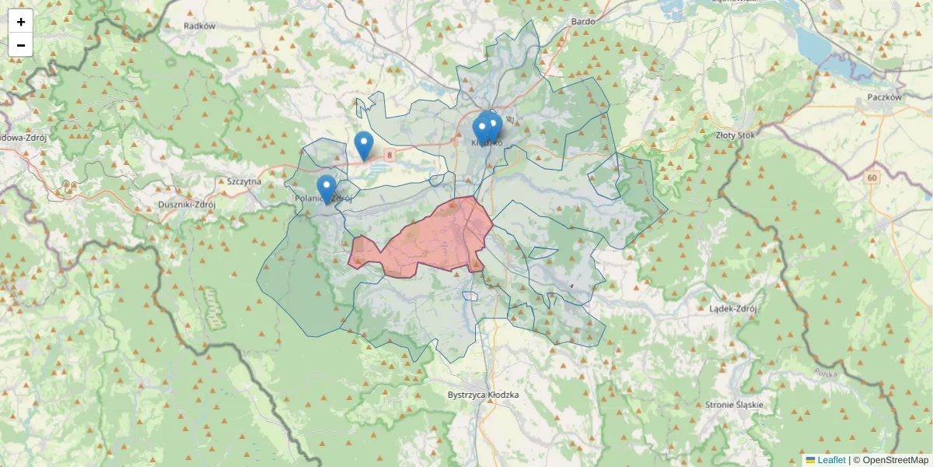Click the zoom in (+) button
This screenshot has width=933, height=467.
(x=21, y=22)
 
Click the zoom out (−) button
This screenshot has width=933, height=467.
(x=21, y=45)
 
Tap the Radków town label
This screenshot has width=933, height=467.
(x=199, y=26)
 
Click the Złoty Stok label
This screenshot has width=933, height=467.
(x=735, y=135)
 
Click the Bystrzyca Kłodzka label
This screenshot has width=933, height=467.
(x=483, y=395)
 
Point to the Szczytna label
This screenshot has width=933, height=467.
(x=244, y=181)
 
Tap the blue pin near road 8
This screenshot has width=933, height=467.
(x=363, y=145)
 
